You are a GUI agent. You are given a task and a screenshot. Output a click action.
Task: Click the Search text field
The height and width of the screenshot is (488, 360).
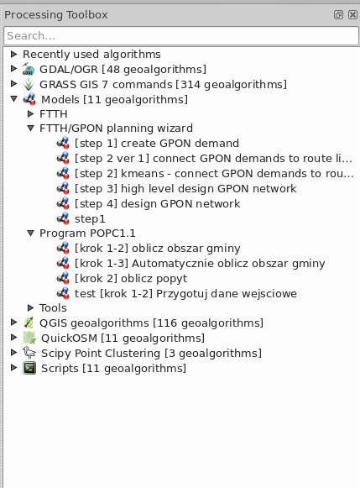[x=181, y=36]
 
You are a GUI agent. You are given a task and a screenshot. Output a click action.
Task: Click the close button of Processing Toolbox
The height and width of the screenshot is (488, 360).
[x=352, y=14]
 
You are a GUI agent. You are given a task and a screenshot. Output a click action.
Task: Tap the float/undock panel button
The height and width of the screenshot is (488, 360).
[x=338, y=14]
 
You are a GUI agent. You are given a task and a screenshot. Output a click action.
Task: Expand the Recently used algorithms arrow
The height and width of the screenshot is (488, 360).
[x=13, y=54]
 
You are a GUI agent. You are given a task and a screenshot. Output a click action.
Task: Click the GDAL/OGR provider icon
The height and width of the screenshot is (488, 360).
[x=29, y=69]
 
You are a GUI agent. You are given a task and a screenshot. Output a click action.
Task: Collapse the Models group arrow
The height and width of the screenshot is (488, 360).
[x=13, y=99]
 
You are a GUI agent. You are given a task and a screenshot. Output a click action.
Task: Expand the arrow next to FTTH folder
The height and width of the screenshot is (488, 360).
[x=30, y=114]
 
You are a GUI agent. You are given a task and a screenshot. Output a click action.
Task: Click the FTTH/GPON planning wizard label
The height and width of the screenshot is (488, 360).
[x=116, y=129]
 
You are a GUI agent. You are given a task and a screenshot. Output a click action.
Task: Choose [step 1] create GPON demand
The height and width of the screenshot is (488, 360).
[x=157, y=143]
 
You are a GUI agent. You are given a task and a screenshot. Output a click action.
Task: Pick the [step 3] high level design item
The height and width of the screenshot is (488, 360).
[x=185, y=189]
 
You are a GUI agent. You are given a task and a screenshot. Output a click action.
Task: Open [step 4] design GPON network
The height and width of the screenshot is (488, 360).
[x=157, y=203]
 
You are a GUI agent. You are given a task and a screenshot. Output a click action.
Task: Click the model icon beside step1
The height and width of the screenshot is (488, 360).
[x=63, y=218]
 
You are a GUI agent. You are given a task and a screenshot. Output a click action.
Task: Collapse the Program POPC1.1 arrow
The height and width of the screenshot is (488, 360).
[x=30, y=233]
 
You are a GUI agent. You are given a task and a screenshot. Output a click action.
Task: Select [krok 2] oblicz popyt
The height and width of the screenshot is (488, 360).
[x=131, y=279]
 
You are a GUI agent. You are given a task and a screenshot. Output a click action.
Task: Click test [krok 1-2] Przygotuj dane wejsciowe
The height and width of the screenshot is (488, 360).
[x=185, y=293]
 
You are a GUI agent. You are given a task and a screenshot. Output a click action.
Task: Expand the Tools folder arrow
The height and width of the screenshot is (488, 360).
[x=30, y=307]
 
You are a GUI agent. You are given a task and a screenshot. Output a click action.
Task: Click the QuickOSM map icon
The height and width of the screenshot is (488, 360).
[x=29, y=338]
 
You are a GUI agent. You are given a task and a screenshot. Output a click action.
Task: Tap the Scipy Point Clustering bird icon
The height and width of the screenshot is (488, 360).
[x=29, y=353]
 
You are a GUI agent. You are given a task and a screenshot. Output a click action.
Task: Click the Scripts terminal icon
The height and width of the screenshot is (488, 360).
[x=29, y=368]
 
